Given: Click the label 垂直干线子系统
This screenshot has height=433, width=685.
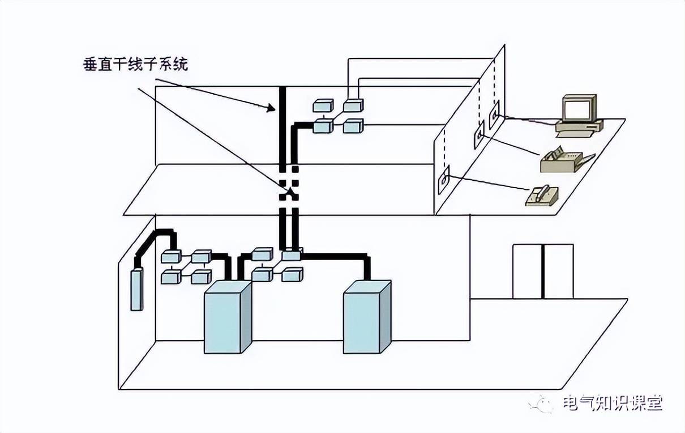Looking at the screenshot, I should pyautogui.click(x=135, y=65).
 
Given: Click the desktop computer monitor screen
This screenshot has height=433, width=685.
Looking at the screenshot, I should pyautogui.click(x=576, y=109).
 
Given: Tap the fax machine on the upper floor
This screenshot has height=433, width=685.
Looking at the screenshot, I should pyautogui.click(x=565, y=161).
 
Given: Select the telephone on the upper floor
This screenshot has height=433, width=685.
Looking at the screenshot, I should pyautogui.click(x=542, y=196).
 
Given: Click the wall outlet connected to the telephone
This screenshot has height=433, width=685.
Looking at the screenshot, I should pyautogui.click(x=443, y=180).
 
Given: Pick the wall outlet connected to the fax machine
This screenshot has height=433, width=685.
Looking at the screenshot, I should pyautogui.click(x=479, y=136).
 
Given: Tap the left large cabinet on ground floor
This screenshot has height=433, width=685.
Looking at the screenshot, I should pyautogui.click(x=227, y=317).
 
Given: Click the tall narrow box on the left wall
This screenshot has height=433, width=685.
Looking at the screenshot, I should pyautogui.click(x=136, y=290).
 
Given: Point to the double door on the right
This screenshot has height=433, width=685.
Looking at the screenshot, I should pyautogui.click(x=543, y=271).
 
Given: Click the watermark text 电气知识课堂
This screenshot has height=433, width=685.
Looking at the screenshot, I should pyautogui.click(x=612, y=404).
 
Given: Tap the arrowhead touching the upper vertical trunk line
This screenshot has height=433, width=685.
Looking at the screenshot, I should pyautogui.click(x=272, y=110).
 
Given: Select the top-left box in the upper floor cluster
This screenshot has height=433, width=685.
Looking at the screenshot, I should pyautogui.click(x=323, y=105).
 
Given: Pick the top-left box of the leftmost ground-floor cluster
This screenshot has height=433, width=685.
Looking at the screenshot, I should pyautogui.click(x=171, y=257).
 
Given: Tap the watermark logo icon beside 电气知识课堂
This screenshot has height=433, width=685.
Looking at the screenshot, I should pyautogui.click(x=542, y=404).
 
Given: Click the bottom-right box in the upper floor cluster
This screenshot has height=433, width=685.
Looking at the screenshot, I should pyautogui.click(x=353, y=126).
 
